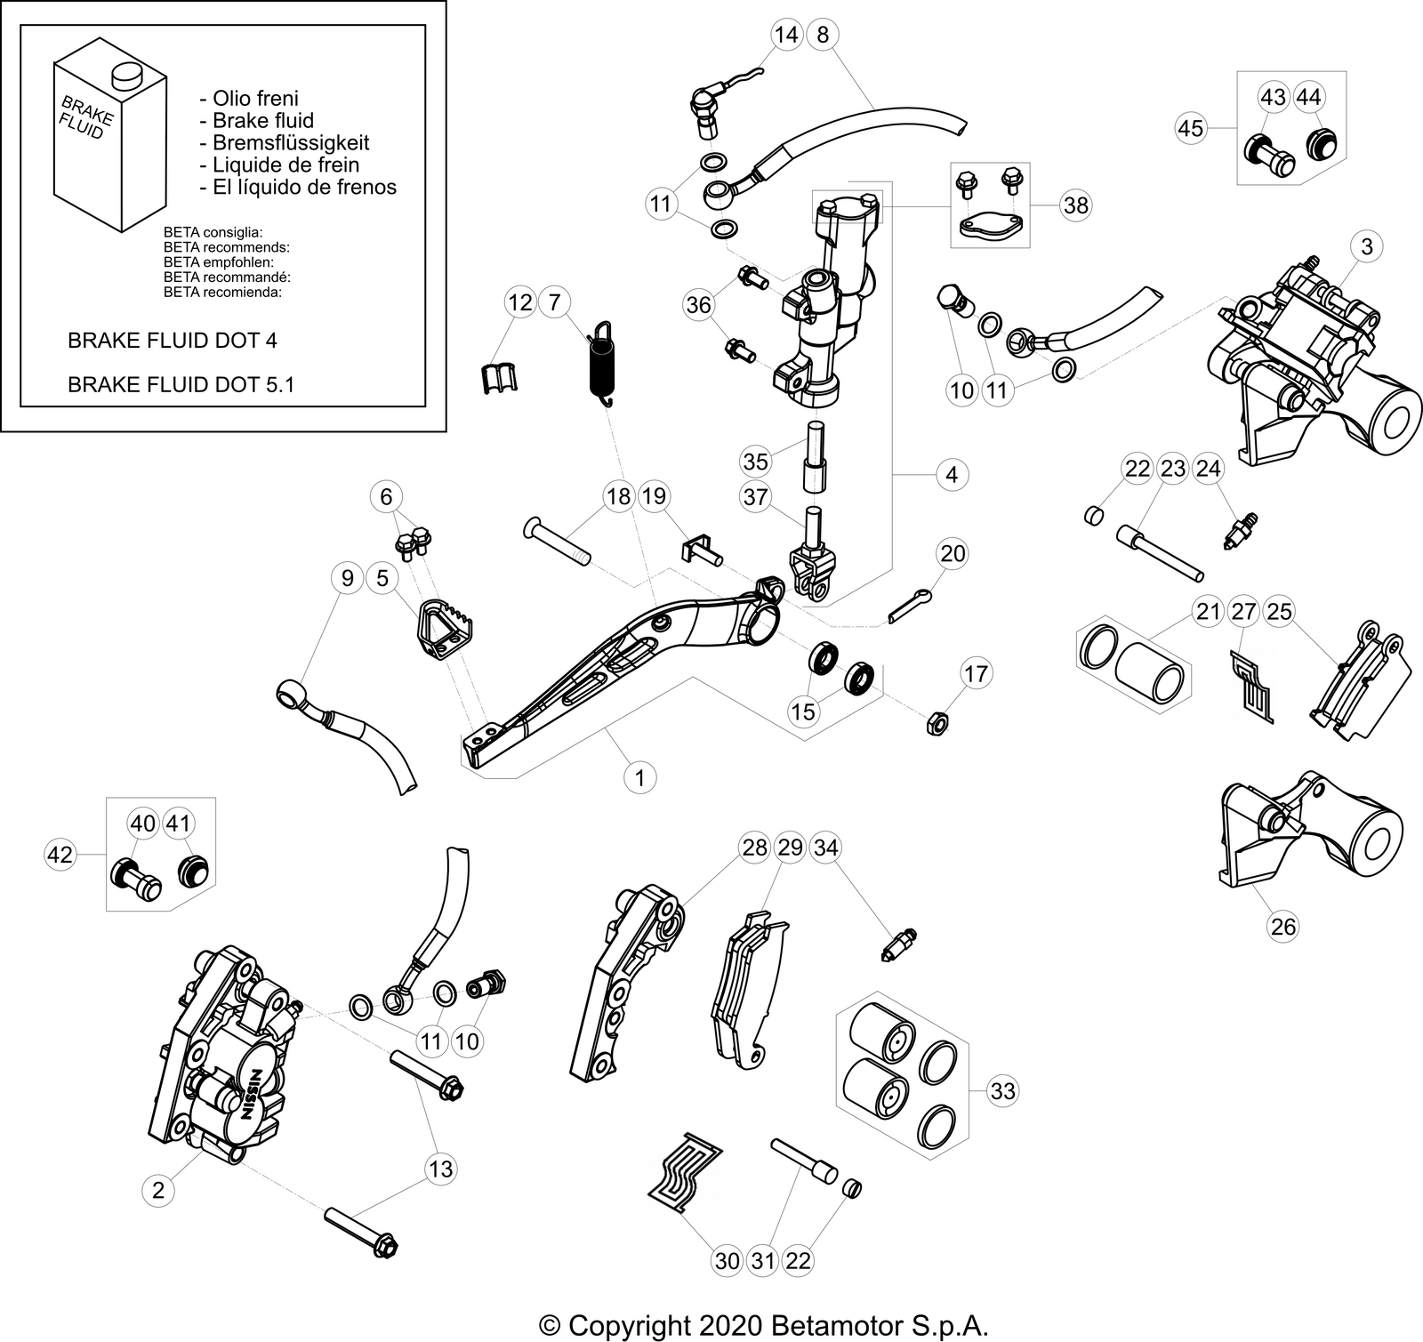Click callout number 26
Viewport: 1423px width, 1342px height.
pyautogui.click(x=1283, y=927)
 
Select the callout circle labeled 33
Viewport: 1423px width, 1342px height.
pyautogui.click(x=1002, y=1090)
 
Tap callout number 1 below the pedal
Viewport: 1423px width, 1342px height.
pyautogui.click(x=639, y=777)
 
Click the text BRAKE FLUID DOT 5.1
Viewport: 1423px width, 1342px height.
pyautogui.click(x=181, y=384)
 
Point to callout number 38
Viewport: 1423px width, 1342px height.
pyautogui.click(x=1075, y=205)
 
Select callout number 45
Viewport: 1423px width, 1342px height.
pyautogui.click(x=1190, y=128)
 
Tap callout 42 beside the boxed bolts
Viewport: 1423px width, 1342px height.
pyautogui.click(x=60, y=856)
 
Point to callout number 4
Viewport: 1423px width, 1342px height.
pyautogui.click(x=952, y=474)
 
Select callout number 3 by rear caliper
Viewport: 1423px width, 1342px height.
pyautogui.click(x=1366, y=246)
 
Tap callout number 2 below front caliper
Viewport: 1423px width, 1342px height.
pyautogui.click(x=158, y=1190)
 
